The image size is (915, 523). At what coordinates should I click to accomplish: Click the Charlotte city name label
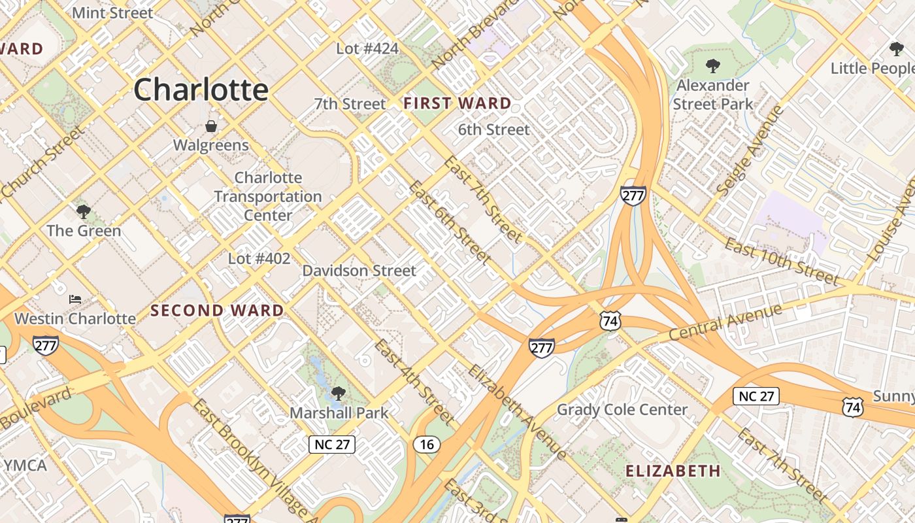click(201, 90)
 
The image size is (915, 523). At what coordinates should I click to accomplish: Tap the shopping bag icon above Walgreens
click(211, 126)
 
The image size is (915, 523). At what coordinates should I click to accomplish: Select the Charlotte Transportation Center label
click(268, 196)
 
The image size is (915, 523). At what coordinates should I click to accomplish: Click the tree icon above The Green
click(83, 211)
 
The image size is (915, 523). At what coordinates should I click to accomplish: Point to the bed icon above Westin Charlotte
click(75, 299)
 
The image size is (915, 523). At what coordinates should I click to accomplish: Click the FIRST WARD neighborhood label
click(457, 103)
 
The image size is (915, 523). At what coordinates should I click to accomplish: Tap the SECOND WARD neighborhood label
click(217, 311)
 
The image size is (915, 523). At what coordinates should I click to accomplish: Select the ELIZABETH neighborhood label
click(673, 471)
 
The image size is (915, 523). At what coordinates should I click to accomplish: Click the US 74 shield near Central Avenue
click(610, 321)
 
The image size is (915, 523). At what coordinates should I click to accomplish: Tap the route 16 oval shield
click(426, 445)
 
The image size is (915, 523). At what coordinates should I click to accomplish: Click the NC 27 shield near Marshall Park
click(332, 445)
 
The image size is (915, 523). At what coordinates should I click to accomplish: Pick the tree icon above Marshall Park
click(338, 393)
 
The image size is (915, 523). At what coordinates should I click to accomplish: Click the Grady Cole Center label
click(622, 410)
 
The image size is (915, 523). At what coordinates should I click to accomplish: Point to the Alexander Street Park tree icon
click(712, 65)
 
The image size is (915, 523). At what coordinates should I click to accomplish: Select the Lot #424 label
click(367, 48)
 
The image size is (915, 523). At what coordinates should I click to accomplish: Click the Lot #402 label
click(259, 259)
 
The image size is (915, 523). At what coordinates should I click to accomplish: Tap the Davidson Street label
click(359, 271)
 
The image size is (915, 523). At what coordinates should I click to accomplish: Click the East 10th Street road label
click(782, 262)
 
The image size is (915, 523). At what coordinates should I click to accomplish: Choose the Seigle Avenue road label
click(750, 150)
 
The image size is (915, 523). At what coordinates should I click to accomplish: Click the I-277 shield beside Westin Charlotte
click(45, 345)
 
